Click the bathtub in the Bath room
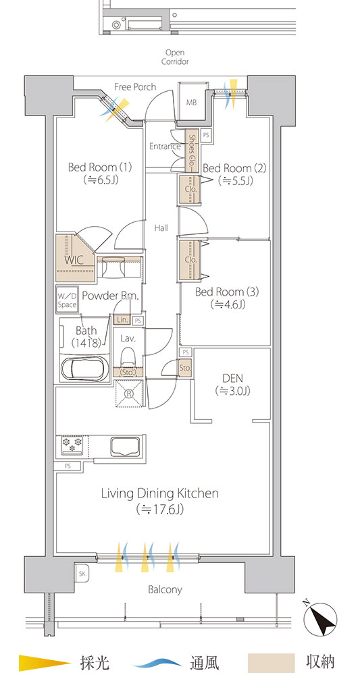(x=85, y=369)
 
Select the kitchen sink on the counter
(x=125, y=446)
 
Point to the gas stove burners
(x=72, y=446)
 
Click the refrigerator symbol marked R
(x=129, y=393)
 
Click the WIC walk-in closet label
(x=74, y=260)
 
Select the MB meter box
(x=191, y=103)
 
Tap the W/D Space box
(x=67, y=300)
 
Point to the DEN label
(x=232, y=379)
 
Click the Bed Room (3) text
(x=227, y=292)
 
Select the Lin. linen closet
(x=122, y=320)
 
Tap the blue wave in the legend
(x=157, y=662)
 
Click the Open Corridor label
(x=175, y=57)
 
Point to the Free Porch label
(x=135, y=87)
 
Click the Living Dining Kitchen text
(x=160, y=493)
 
